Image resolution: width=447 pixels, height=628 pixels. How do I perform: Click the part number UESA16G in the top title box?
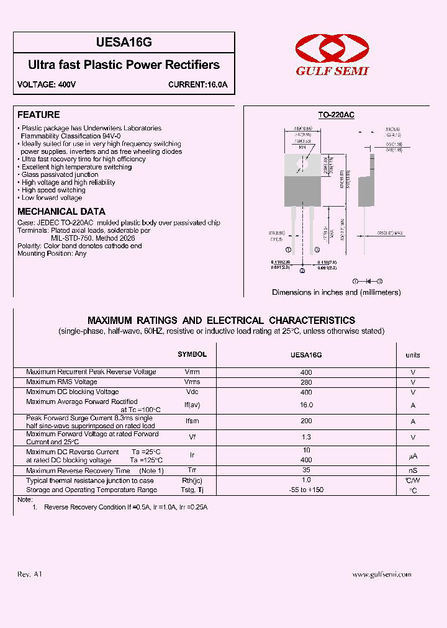pos(124,42)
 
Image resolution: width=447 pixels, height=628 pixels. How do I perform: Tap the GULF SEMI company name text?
pos(332,71)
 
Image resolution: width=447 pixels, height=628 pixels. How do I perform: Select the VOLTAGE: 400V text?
pos(47,85)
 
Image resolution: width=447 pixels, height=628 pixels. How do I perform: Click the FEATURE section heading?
pos(38,115)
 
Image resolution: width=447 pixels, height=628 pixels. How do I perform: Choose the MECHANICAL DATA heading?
pos(61,212)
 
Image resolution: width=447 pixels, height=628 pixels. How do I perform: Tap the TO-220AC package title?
pos(336,115)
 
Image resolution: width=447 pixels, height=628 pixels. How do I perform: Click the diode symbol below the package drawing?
pos(368,281)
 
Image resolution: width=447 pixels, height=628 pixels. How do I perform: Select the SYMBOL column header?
pos(192,354)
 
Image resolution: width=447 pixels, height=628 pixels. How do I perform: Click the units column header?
pos(413,355)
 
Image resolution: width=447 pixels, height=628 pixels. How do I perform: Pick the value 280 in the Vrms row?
pos(306,382)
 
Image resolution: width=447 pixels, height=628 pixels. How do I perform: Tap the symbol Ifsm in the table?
pos(192,421)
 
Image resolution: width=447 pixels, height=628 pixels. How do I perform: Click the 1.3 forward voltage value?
pos(306,437)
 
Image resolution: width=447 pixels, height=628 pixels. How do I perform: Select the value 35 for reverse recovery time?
pos(306,470)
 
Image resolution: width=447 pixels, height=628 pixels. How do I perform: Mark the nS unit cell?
pos(413,470)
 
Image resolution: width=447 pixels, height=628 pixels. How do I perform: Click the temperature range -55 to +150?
pos(306,490)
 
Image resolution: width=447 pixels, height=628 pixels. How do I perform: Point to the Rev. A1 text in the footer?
pos(30,574)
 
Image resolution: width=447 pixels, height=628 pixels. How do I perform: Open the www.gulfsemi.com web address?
pos(381,575)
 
